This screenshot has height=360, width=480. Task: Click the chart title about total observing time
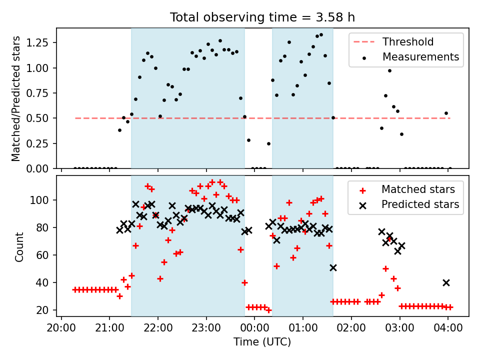click(x=262, y=17)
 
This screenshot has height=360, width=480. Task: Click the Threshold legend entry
click(x=408, y=42)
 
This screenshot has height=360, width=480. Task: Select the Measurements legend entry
click(x=420, y=57)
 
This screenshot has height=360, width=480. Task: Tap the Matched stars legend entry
click(x=418, y=189)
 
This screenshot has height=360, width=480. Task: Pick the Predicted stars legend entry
click(x=420, y=204)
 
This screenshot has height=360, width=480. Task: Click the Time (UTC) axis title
click(x=262, y=342)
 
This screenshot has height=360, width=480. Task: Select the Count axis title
click(x=19, y=247)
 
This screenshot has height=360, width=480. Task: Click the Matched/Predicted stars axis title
click(x=16, y=98)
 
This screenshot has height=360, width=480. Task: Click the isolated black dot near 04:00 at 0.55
click(x=446, y=113)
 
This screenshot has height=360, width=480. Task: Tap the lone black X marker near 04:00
click(x=446, y=282)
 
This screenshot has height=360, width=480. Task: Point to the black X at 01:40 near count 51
click(x=333, y=267)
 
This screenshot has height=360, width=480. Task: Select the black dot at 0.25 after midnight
click(x=268, y=143)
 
